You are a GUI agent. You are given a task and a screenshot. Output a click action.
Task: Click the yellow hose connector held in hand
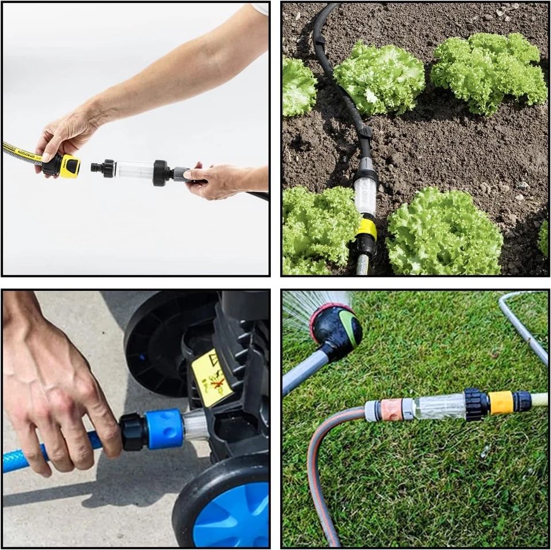(x=68, y=166)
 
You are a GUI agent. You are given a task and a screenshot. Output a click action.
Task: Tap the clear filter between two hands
(x=134, y=170)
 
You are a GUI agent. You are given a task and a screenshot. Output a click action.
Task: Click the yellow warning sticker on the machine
(x=212, y=378)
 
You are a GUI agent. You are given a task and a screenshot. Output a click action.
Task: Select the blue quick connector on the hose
(x=164, y=429)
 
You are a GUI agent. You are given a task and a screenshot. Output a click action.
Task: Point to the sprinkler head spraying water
(x=336, y=328)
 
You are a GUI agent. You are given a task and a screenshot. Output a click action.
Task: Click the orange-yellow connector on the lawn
(x=501, y=402)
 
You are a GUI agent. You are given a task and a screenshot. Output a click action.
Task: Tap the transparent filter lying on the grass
(x=440, y=406)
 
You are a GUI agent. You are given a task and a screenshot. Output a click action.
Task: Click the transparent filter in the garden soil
(x=365, y=196)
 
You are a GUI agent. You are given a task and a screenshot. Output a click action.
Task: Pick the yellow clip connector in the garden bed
(x=366, y=229)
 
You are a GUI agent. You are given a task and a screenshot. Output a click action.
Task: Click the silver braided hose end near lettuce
(x=363, y=266)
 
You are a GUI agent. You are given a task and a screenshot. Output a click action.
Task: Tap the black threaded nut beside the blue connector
(x=133, y=432)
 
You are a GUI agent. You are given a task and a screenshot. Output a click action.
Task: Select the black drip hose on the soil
(x=333, y=69)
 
